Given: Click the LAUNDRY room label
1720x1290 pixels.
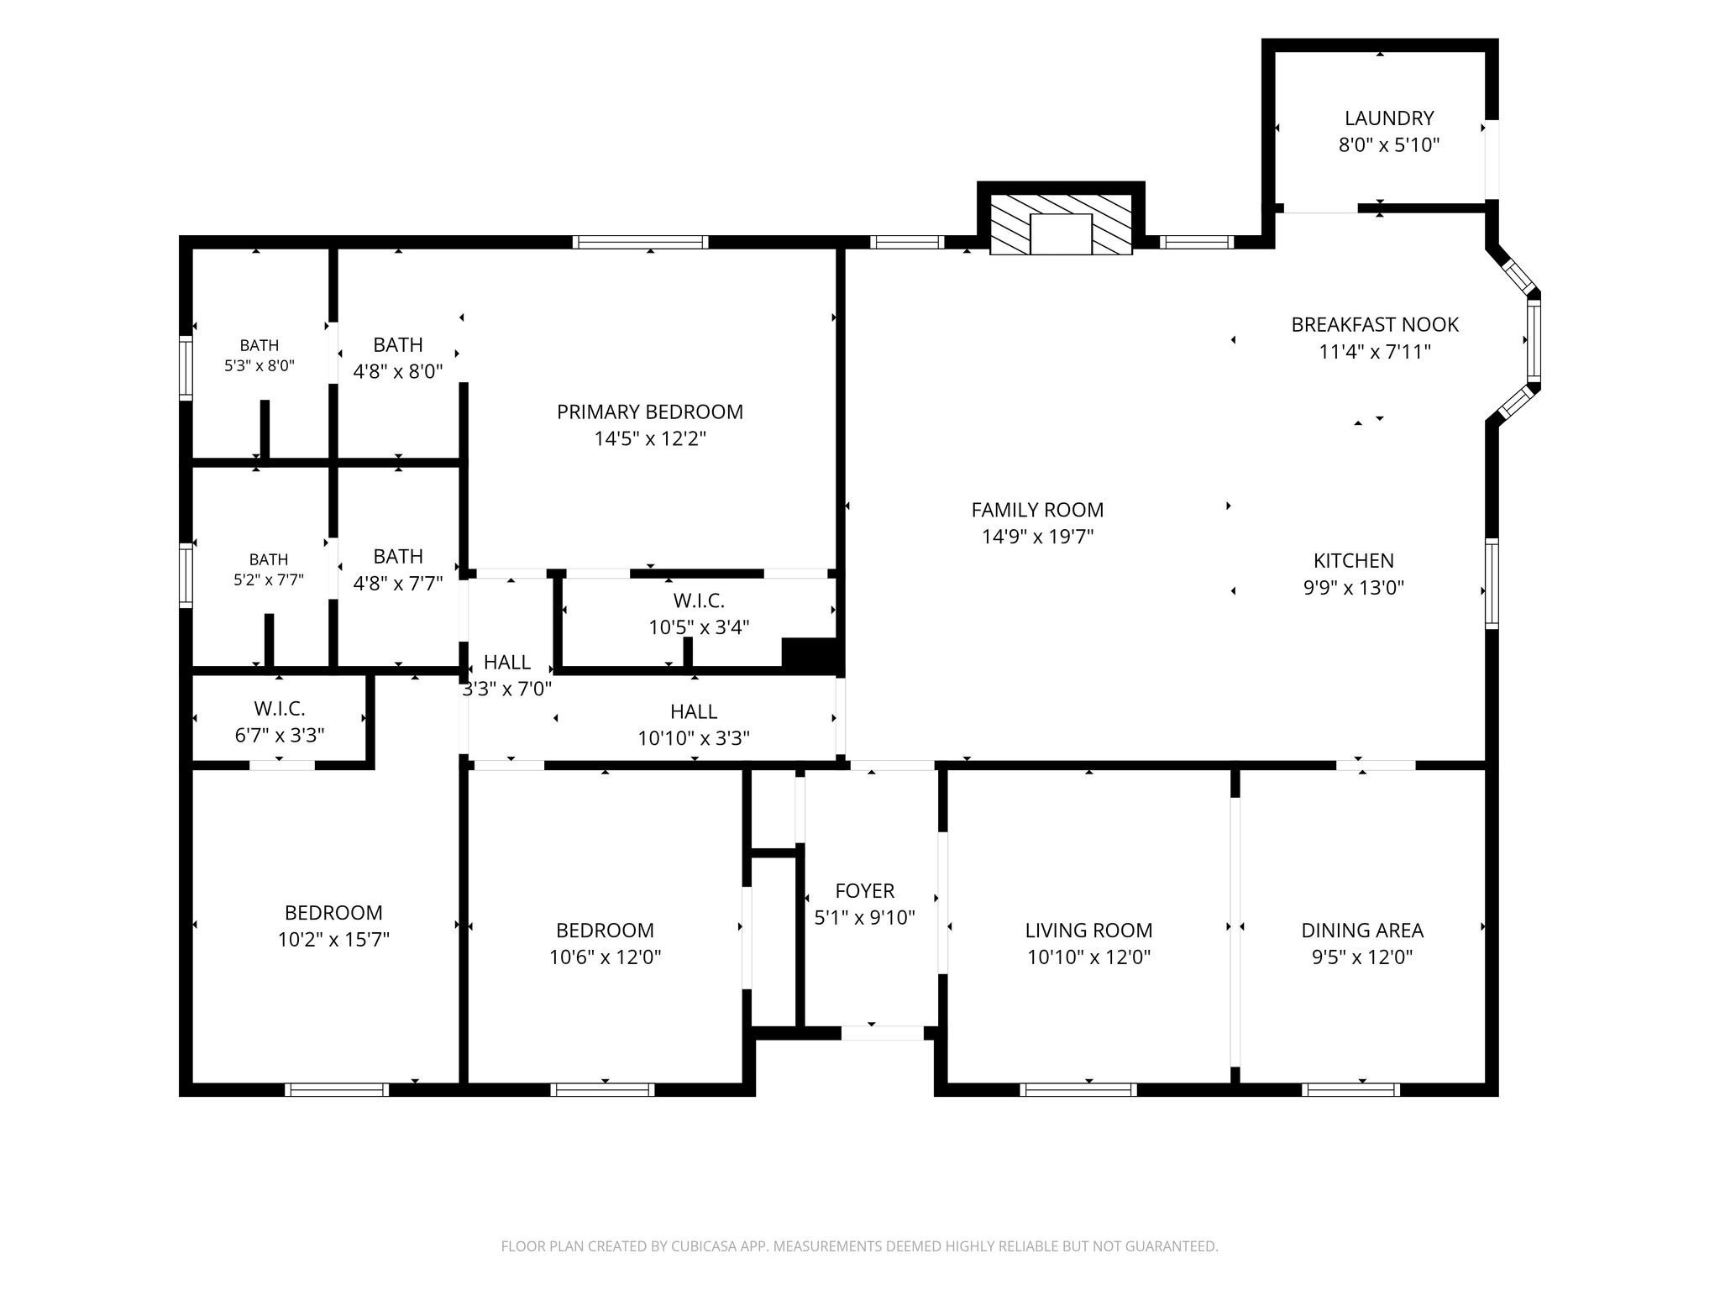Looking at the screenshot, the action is [x=1388, y=118].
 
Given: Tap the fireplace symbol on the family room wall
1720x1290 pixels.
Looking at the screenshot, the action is [x=1062, y=225].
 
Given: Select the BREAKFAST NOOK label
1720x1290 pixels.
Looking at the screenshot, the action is [x=1375, y=324].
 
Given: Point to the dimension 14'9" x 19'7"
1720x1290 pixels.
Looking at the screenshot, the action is [x=1037, y=536].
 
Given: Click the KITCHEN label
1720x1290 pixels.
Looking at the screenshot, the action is [x=1353, y=560].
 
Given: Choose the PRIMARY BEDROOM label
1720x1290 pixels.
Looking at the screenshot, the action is [x=650, y=412].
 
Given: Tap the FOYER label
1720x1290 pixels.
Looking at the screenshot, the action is [x=864, y=890].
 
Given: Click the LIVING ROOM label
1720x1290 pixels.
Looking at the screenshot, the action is [x=1088, y=930].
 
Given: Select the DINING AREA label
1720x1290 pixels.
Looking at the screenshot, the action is [x=1362, y=930].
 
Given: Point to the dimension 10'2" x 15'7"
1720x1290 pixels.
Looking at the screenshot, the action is [x=333, y=939].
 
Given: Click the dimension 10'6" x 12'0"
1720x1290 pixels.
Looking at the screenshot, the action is [x=605, y=957].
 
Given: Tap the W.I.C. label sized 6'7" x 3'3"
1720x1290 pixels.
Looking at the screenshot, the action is [x=280, y=708].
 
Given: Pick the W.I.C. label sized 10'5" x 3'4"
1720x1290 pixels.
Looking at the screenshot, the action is [x=699, y=600].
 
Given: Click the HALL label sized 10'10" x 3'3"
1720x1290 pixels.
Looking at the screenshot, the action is [x=694, y=711].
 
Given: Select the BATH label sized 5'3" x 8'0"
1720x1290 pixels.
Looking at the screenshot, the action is [x=259, y=345].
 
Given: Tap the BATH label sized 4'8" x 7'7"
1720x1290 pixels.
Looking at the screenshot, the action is [x=398, y=556].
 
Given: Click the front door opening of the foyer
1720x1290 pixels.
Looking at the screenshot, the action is [x=883, y=1033].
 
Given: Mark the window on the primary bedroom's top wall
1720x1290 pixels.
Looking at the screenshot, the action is [x=641, y=242].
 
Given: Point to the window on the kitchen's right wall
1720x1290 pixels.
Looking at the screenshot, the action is [x=1492, y=584].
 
